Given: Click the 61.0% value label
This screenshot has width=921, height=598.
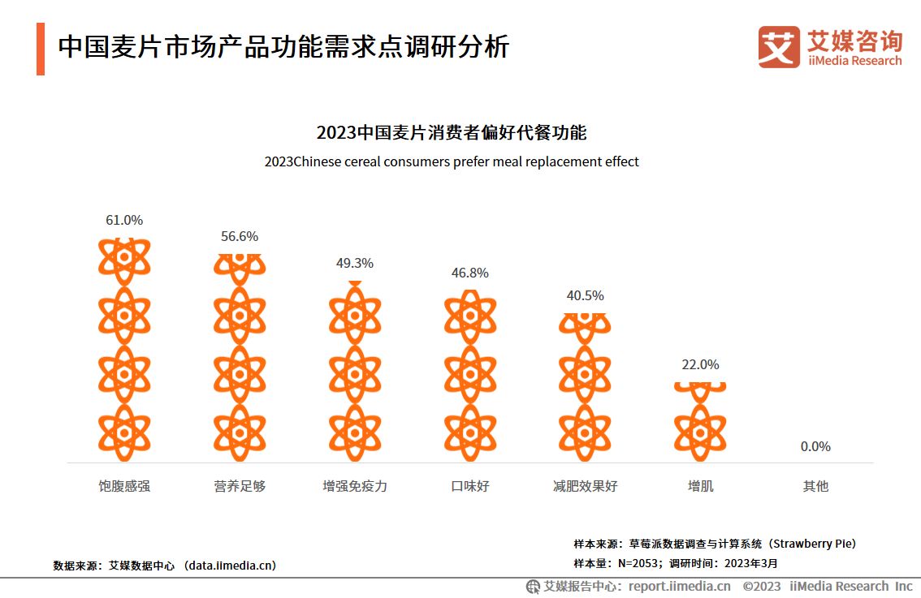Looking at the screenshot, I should click(x=124, y=220).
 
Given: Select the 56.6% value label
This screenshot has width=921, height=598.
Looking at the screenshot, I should click(x=240, y=236).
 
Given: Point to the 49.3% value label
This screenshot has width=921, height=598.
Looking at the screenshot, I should click(x=355, y=263).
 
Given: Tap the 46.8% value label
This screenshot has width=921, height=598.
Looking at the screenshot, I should click(x=470, y=273).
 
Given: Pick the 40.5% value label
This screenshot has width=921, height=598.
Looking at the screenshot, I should click(x=585, y=295).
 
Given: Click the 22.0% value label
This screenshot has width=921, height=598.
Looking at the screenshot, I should click(x=700, y=364).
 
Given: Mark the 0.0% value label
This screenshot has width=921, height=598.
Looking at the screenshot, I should click(x=815, y=446).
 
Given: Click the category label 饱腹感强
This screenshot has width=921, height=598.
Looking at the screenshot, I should click(x=124, y=486).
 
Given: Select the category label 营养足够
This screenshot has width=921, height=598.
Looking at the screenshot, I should click(x=240, y=486).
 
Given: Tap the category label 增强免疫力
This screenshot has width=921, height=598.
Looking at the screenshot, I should click(x=355, y=486).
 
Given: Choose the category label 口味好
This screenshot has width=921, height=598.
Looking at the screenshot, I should click(x=470, y=486).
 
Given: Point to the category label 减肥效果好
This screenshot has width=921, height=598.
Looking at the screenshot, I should click(x=585, y=486).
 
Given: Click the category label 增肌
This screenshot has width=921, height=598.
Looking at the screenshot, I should click(x=700, y=486).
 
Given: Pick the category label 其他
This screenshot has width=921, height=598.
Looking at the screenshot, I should click(x=815, y=486).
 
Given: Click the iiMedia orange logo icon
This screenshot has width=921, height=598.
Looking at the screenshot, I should click(x=778, y=47).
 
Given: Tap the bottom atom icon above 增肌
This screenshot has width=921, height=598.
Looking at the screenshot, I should click(x=700, y=432).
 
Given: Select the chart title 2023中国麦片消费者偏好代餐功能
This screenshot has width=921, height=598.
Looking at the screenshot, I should click(x=452, y=132).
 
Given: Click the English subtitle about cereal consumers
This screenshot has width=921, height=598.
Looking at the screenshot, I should click(x=452, y=161).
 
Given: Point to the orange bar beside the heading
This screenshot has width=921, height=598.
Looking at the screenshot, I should click(x=41, y=49).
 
